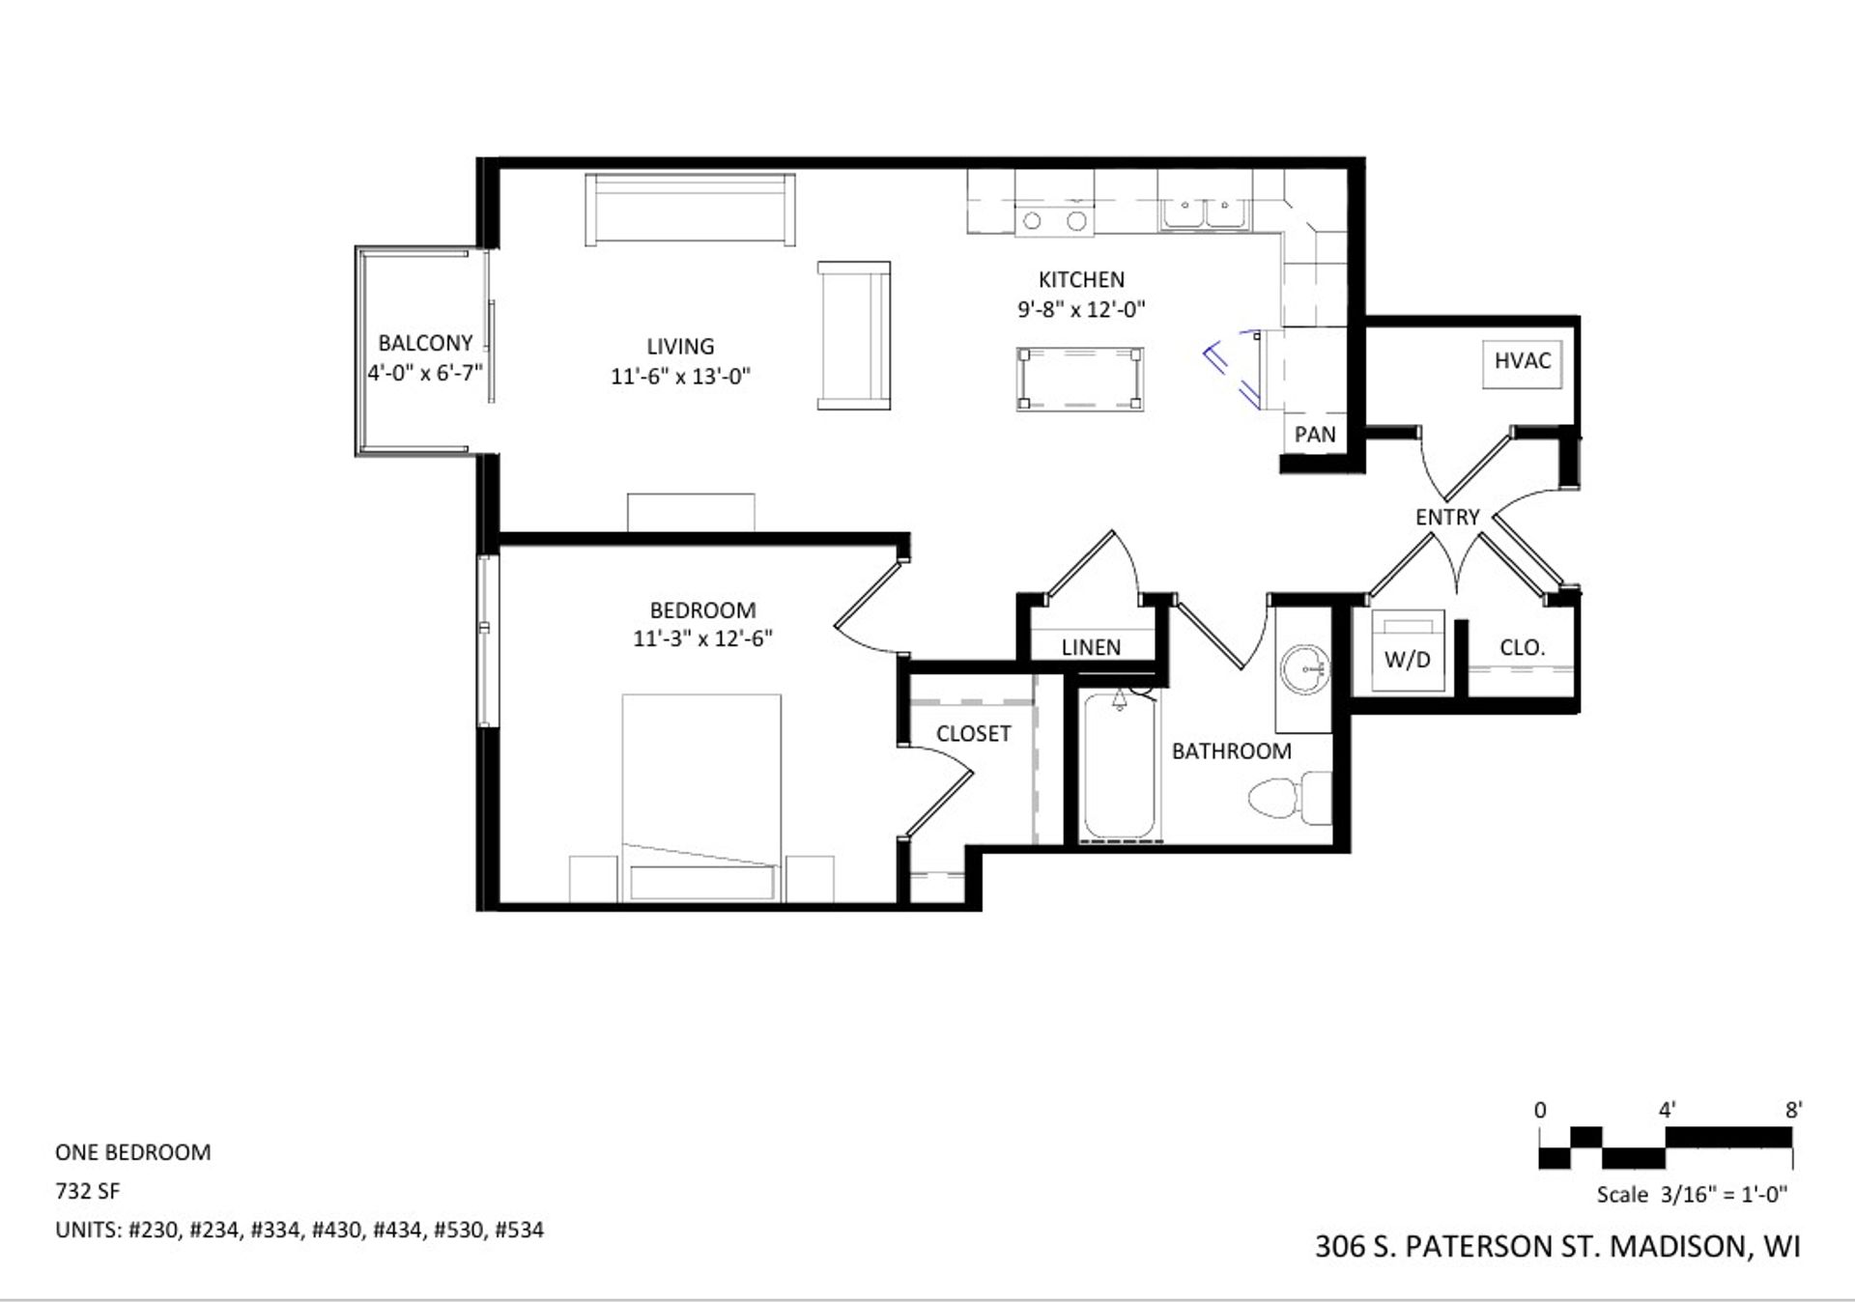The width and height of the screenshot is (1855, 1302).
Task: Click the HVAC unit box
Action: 1522,363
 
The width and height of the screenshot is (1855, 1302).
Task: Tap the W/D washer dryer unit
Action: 1407,652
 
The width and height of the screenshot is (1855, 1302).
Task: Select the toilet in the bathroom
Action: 1290,798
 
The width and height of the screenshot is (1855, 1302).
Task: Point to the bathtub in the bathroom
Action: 1119,768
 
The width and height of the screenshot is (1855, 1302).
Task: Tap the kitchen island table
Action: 1079,380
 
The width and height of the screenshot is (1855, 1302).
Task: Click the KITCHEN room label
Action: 1081,280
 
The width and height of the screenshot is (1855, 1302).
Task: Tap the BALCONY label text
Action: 425,343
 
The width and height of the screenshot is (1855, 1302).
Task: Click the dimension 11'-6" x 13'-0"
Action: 680,377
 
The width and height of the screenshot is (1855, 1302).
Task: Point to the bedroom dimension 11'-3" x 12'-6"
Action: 702,639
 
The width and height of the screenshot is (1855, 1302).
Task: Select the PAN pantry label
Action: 1315,435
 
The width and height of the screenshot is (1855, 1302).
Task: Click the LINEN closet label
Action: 1091,648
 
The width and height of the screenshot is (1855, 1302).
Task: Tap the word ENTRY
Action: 1446,518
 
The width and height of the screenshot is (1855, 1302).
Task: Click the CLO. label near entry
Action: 1522,648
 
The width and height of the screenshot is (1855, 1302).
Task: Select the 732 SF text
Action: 88,1191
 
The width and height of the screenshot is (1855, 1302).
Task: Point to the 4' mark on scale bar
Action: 1667,1111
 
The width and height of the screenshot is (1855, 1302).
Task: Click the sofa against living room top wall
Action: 690,210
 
